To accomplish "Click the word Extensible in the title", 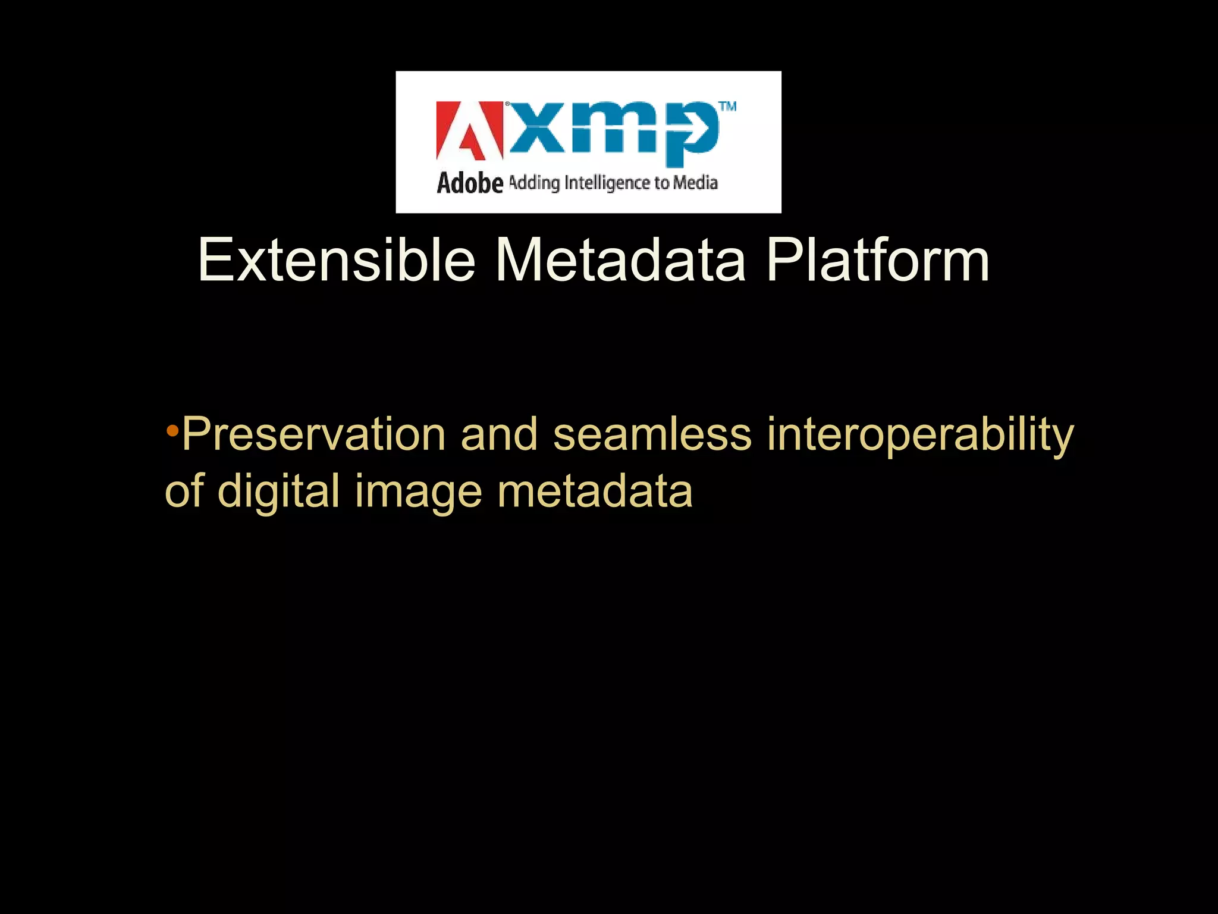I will click(x=337, y=261).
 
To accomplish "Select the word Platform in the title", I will click(x=878, y=261).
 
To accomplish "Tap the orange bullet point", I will click(x=172, y=430).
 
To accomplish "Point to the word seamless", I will click(x=652, y=434).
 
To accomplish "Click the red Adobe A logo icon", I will click(x=469, y=131).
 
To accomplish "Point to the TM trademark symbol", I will click(x=727, y=107).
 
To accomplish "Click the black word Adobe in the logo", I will click(x=470, y=183).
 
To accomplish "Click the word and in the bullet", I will click(x=499, y=434).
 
